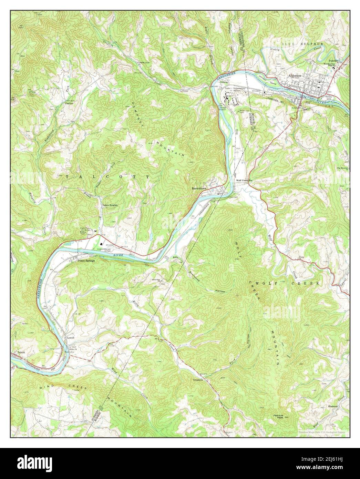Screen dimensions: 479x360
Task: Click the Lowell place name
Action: (71, 338)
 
